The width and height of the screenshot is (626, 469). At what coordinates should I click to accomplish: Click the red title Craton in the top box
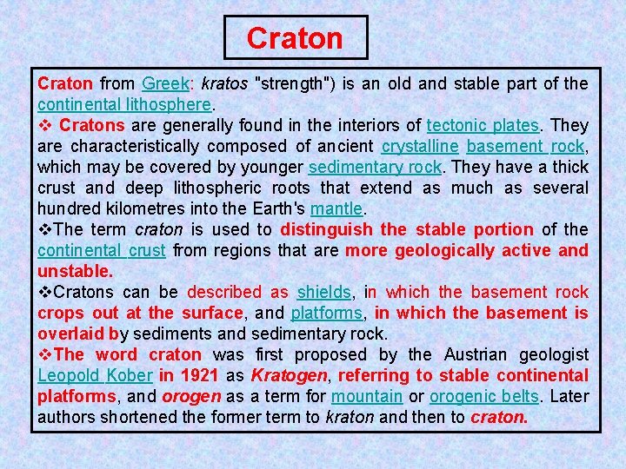click(x=295, y=38)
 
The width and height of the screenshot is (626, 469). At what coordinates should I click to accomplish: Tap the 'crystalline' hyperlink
click(x=420, y=147)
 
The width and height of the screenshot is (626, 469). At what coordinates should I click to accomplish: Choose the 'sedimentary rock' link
click(x=375, y=168)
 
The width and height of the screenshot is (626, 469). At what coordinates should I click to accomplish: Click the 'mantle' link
click(x=337, y=209)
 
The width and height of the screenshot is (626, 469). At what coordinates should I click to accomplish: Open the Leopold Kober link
click(x=95, y=376)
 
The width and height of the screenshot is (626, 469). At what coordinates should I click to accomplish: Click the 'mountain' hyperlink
click(x=366, y=397)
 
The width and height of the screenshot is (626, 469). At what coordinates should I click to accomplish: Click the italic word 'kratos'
click(x=223, y=84)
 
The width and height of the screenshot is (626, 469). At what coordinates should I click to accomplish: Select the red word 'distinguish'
click(x=327, y=230)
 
